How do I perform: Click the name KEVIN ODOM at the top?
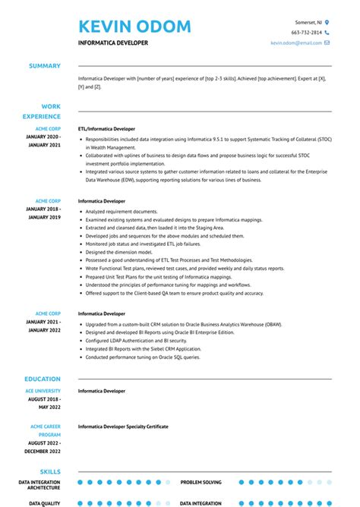[x=134, y=27]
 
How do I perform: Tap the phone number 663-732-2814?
[x=307, y=33]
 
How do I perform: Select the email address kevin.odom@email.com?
[x=296, y=43]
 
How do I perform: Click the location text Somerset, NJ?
[x=308, y=23]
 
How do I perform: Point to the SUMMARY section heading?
[x=45, y=66]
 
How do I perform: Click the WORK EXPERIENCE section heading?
[x=45, y=112]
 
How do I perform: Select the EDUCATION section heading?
[x=43, y=378]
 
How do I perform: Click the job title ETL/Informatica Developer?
[x=106, y=129]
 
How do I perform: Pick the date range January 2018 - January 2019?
[x=43, y=213]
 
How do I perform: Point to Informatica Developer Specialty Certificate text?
[x=123, y=427]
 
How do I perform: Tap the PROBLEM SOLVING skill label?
[x=201, y=482]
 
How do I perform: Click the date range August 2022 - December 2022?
[x=43, y=447]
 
